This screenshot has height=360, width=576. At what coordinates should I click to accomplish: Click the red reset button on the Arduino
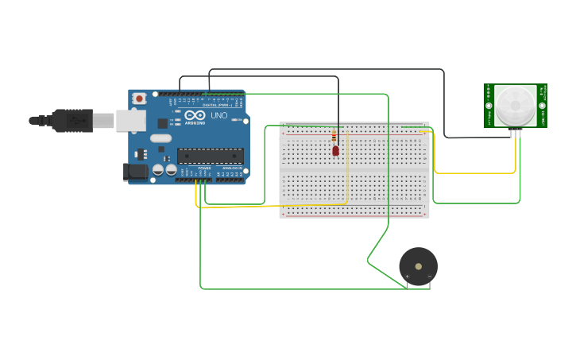(140, 99)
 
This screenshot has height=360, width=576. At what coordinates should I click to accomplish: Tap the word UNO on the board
(219, 115)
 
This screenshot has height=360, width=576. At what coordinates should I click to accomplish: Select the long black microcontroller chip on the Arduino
(211, 156)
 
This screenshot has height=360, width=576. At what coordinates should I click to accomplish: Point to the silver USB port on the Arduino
(130, 121)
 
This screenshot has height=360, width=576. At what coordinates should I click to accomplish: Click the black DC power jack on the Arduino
(136, 171)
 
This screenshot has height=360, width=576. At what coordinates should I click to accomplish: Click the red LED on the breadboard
(335, 150)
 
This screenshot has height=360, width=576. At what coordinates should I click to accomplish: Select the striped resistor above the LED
(334, 137)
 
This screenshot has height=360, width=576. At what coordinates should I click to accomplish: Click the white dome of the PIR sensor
(516, 105)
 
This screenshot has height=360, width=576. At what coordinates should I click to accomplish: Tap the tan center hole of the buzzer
(419, 265)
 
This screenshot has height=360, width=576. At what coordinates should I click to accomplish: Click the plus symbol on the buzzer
(408, 277)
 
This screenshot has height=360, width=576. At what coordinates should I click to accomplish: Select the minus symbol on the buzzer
(429, 277)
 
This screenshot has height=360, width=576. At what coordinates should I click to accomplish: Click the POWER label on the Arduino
(204, 168)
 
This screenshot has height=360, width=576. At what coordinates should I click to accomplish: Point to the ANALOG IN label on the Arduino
(231, 168)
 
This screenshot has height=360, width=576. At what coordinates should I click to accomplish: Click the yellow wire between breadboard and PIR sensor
(477, 172)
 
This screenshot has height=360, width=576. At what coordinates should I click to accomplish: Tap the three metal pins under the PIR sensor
(516, 132)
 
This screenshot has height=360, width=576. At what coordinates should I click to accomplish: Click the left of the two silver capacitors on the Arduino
(158, 169)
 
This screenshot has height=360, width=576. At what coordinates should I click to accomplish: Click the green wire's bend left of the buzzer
(368, 259)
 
